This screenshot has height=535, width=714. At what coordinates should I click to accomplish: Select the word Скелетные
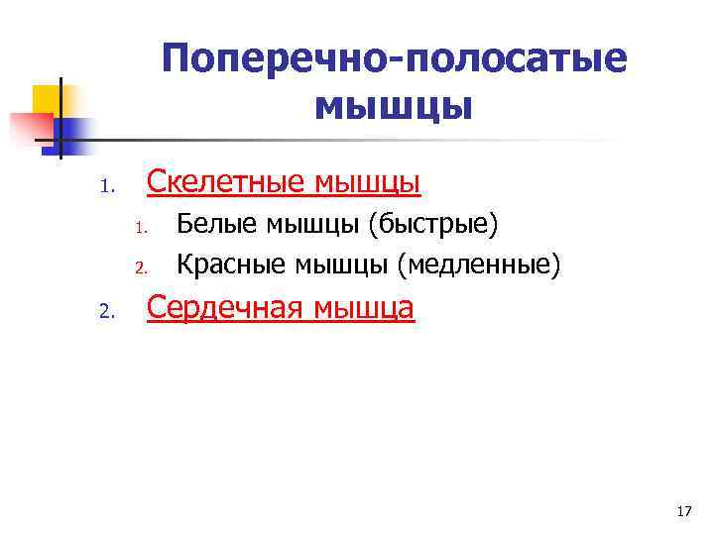pos(225,181)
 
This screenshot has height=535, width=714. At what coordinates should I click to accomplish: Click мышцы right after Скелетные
pos(367,181)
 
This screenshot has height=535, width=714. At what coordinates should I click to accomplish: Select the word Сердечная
pos(227,309)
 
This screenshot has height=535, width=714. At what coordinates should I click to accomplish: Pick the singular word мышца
pos(365,309)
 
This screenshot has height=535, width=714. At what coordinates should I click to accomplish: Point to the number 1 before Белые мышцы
pos(141,229)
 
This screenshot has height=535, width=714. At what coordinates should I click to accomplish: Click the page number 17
pos(682,511)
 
